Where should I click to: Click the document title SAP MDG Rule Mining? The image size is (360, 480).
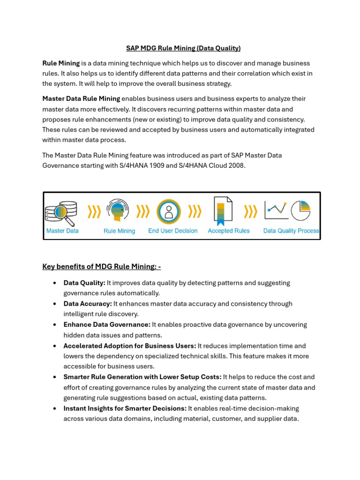[183, 48]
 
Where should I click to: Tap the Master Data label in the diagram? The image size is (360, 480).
[62, 231]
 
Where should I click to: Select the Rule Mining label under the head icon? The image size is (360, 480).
[119, 231]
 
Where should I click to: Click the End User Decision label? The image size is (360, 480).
[172, 231]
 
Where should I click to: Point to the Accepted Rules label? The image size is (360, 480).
[228, 231]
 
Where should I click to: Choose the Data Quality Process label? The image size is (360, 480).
[291, 231]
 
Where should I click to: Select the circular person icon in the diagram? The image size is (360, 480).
[168, 211]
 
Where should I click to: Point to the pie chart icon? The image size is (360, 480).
[301, 210]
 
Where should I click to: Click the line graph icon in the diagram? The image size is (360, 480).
[276, 210]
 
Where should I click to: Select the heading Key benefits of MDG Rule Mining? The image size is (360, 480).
[102, 267]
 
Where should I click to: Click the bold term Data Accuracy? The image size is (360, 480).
[88, 304]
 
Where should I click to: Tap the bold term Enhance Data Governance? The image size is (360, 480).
[107, 324]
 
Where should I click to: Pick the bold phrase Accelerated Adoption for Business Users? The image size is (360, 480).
[130, 346]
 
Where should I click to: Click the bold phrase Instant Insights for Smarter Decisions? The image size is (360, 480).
[125, 408]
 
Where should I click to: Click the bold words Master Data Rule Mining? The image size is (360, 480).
[81, 98]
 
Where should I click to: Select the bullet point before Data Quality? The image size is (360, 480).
[55, 283]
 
